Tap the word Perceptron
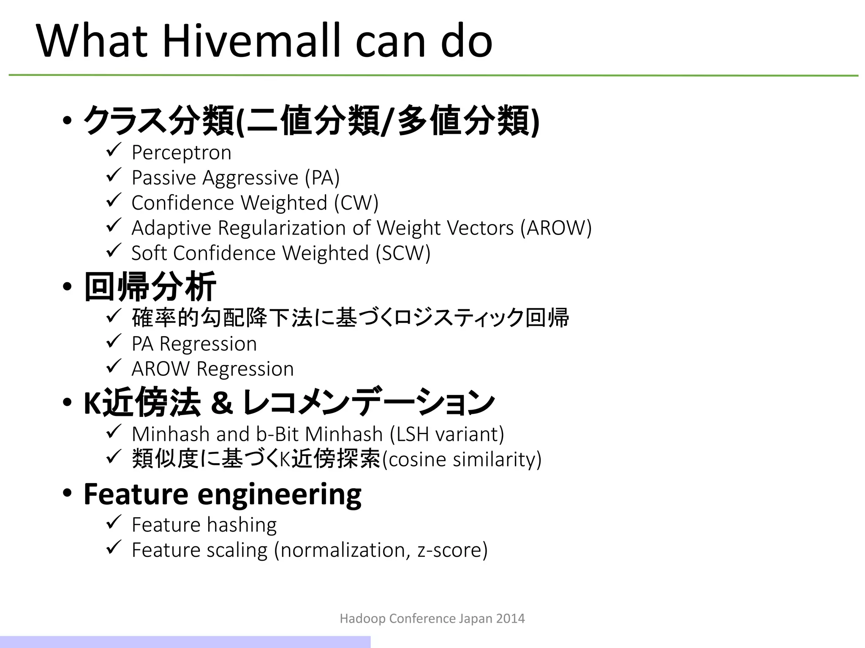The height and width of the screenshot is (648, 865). click(181, 153)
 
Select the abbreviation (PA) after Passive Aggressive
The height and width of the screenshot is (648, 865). click(322, 178)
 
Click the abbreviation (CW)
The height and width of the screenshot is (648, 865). click(356, 203)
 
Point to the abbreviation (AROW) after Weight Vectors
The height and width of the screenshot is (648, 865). click(556, 228)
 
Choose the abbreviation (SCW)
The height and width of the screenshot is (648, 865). click(403, 254)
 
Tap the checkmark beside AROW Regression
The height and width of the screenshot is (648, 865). click(114, 366)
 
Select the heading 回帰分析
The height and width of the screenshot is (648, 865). click(150, 287)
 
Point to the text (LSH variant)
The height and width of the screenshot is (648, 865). click(447, 434)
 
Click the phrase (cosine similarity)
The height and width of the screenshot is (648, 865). click(462, 459)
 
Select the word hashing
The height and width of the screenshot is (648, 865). click(242, 525)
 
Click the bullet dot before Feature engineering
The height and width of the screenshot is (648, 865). click(67, 493)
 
